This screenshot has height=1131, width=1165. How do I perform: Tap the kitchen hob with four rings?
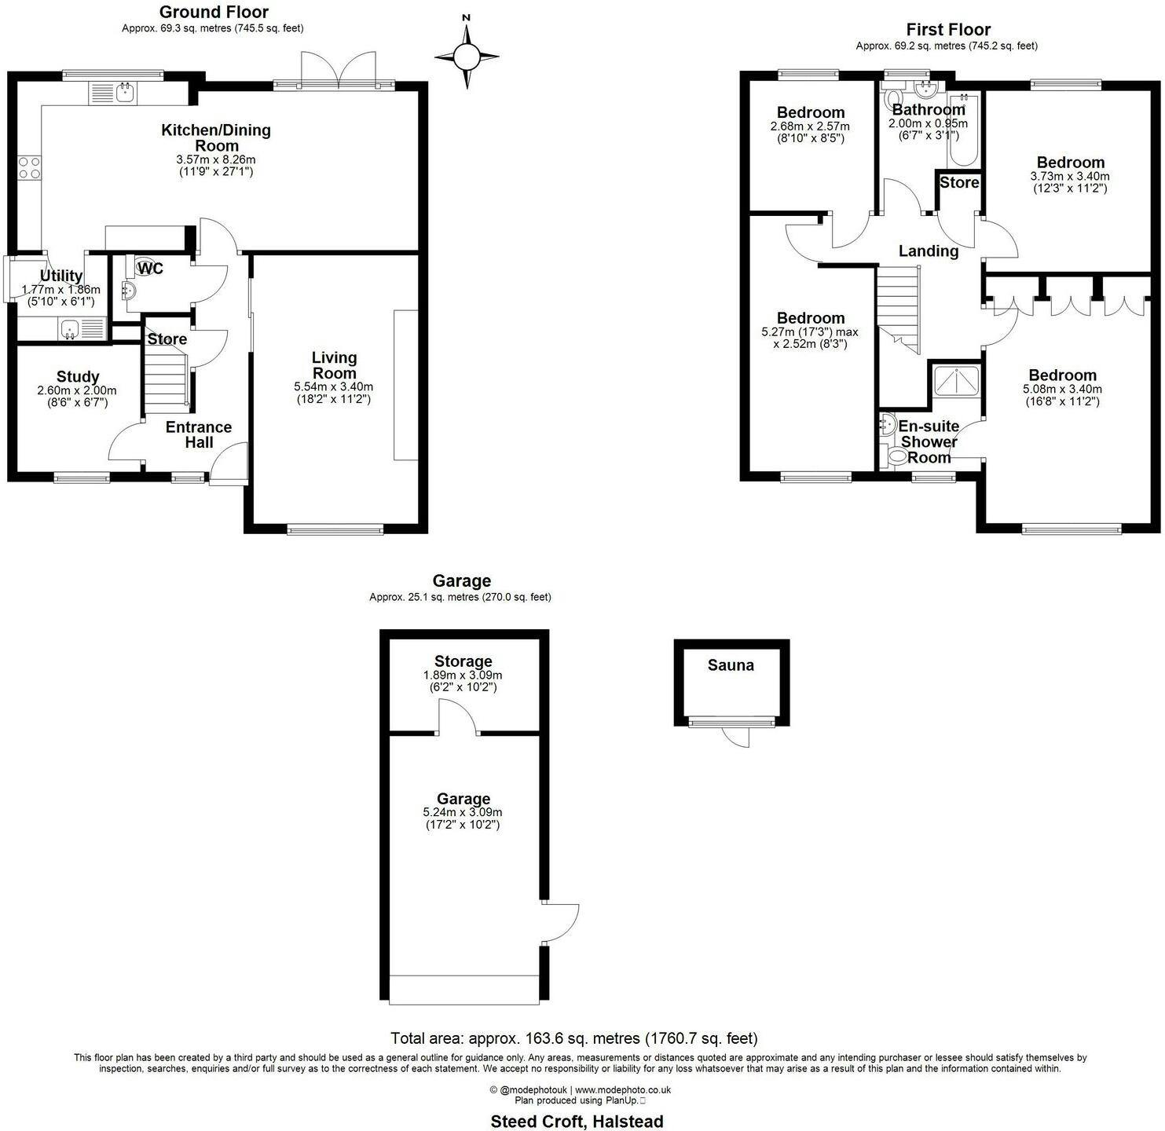point(29,167)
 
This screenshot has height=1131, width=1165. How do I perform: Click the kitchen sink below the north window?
point(113,93)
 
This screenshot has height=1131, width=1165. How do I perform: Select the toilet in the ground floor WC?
point(145,266)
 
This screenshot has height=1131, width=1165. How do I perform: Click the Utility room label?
point(61,276)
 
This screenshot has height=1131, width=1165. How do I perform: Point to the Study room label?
point(78,377)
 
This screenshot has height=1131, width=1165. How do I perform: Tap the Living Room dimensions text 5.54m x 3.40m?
point(333,386)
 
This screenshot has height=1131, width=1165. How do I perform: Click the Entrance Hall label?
point(199,434)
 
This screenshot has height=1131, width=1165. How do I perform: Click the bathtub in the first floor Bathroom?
point(962,130)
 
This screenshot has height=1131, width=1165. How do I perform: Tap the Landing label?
point(929,251)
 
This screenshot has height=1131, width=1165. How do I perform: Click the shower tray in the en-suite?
point(956,382)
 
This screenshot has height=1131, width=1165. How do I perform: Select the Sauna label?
point(731,665)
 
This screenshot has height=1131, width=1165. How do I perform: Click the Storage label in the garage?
point(463,661)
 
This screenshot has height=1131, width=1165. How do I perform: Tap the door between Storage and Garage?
point(458,716)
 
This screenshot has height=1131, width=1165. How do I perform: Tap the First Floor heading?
point(948,29)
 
